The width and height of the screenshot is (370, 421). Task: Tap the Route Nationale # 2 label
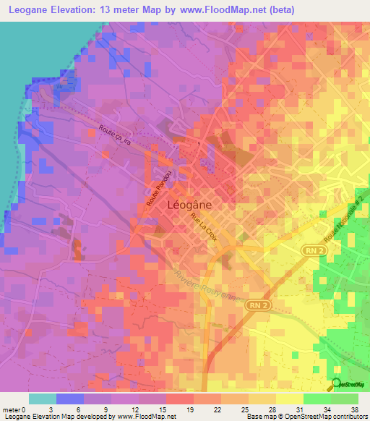[343, 220]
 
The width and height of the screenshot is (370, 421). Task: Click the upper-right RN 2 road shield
[310, 249]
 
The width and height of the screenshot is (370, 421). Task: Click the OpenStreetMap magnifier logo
[337, 384]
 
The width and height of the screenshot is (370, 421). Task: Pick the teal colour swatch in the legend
[42, 399]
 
